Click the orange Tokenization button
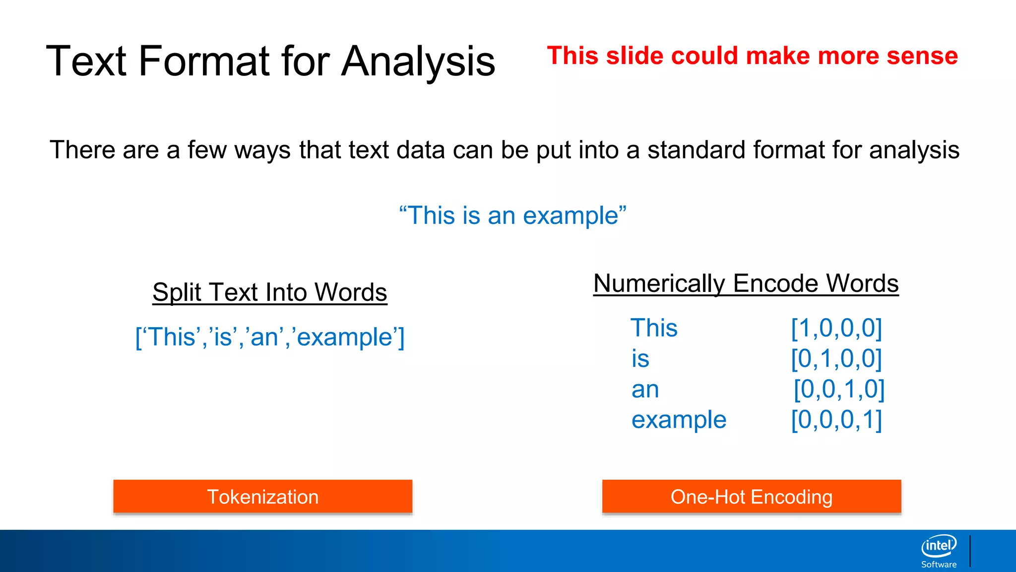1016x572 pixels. [x=262, y=497]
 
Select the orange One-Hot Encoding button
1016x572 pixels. [x=751, y=497]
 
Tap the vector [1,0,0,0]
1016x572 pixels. [x=836, y=328]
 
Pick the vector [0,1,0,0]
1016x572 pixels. [x=836, y=358]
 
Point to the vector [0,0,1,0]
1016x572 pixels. [x=839, y=389]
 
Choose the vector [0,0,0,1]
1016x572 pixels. [x=836, y=420]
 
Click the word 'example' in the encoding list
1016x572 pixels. [x=679, y=420]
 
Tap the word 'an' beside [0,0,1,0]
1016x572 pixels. [x=645, y=389]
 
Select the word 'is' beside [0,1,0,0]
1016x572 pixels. [x=640, y=358]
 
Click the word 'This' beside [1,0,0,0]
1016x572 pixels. [x=654, y=328]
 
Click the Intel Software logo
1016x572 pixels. [x=939, y=551]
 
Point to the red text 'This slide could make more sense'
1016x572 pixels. [x=752, y=56]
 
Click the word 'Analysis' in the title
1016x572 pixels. [x=418, y=62]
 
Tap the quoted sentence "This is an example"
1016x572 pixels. [x=512, y=215]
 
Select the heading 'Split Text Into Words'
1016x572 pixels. [x=269, y=292]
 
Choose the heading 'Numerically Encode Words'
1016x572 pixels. [x=746, y=284]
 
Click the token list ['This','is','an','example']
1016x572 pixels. [x=270, y=337]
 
